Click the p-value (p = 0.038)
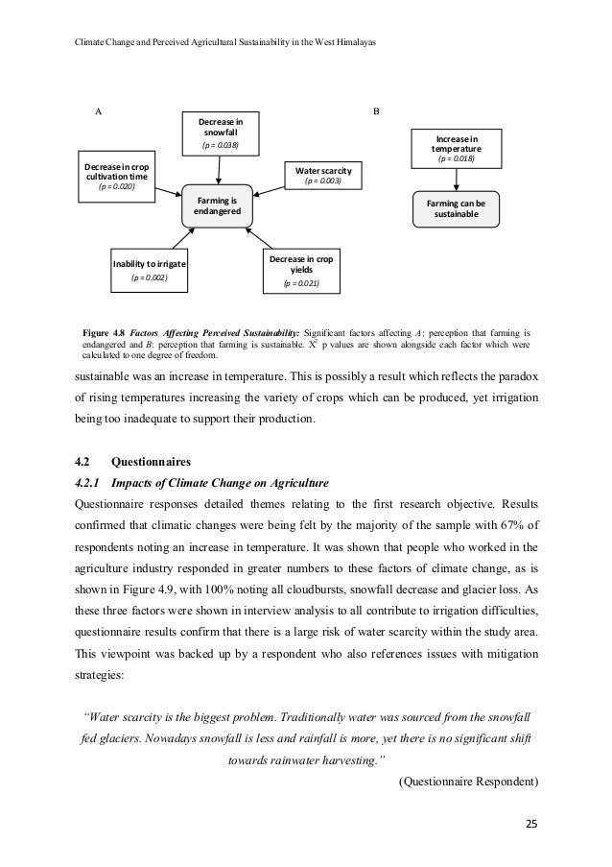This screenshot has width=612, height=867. (x=220, y=146)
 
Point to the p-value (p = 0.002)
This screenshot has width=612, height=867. (x=149, y=278)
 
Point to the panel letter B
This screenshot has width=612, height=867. (x=376, y=111)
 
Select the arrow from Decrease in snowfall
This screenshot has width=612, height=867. (x=220, y=169)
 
